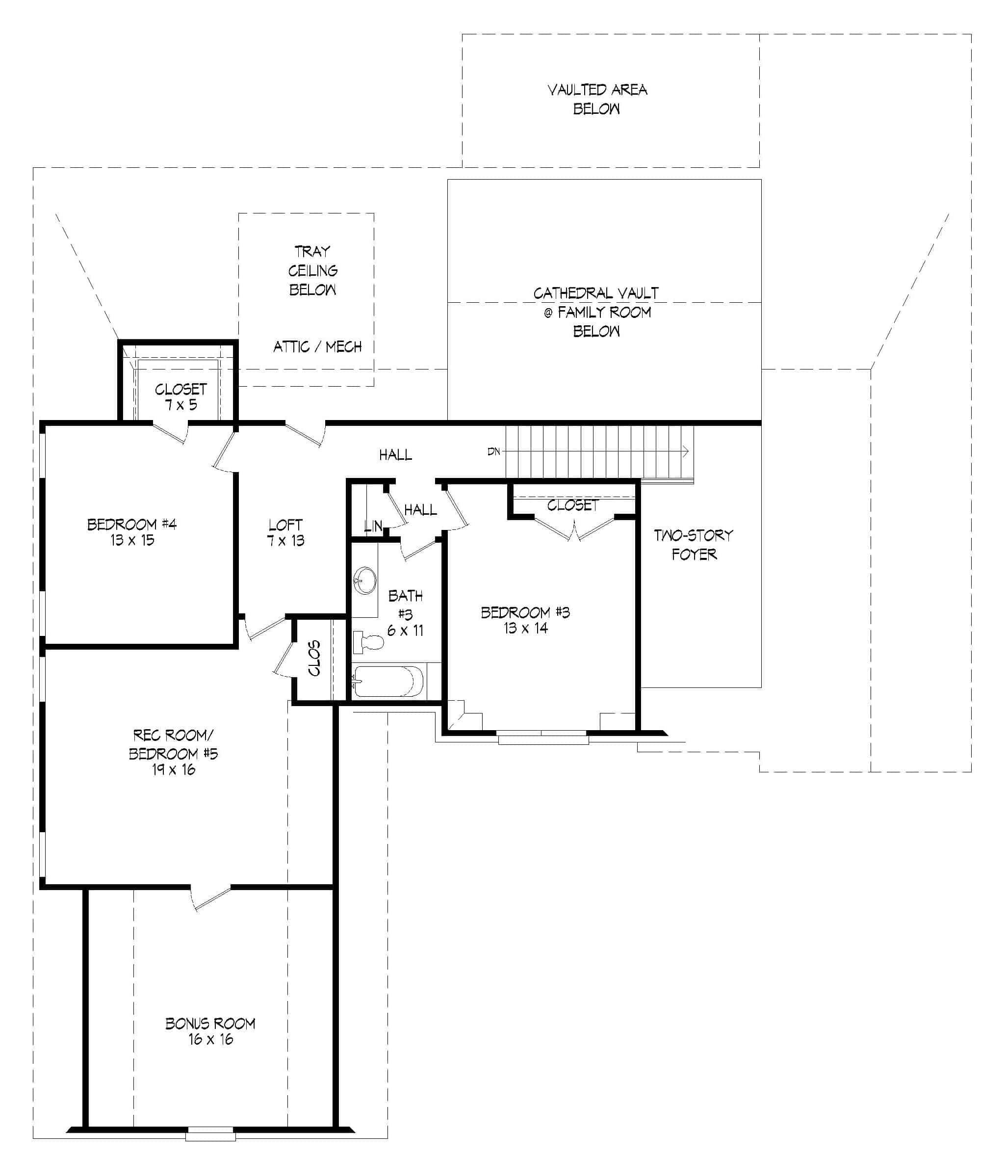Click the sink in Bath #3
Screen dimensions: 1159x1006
pyautogui.click(x=365, y=580)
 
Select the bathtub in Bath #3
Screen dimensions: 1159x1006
pyautogui.click(x=388, y=682)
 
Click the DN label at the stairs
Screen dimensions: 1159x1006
pyautogui.click(x=493, y=451)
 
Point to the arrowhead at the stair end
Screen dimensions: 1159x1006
pyautogui.click(x=686, y=451)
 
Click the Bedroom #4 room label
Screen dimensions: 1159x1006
pyautogui.click(x=132, y=525)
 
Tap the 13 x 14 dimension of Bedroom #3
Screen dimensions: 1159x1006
pyautogui.click(x=525, y=629)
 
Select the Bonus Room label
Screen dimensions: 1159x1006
pyautogui.click(x=210, y=1024)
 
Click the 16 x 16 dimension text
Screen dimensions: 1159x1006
pyautogui.click(x=210, y=1039)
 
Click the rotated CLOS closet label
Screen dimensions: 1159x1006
pyautogui.click(x=314, y=658)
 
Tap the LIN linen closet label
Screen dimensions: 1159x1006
pyautogui.click(x=373, y=526)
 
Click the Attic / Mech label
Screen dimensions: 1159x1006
pyautogui.click(x=317, y=347)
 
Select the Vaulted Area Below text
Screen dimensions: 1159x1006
pyautogui.click(x=597, y=99)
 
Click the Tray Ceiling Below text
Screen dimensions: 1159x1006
pyautogui.click(x=313, y=271)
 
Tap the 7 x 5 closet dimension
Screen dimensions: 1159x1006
pyautogui.click(x=181, y=405)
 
